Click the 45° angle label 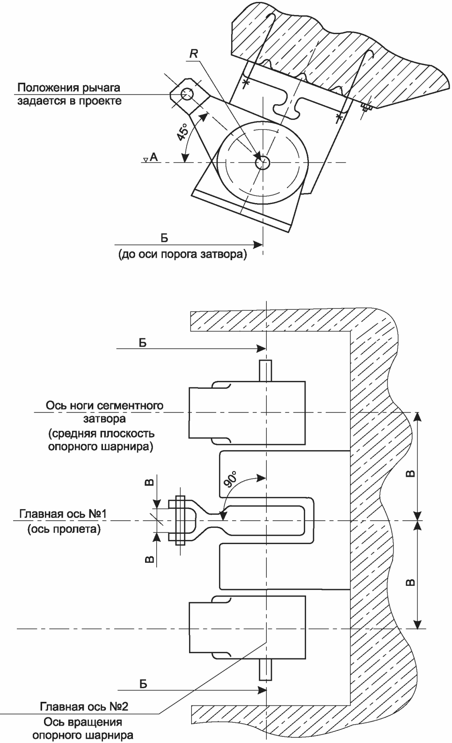[183, 132]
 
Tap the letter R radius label [194, 54]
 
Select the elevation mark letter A [153, 157]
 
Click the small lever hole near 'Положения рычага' [187, 94]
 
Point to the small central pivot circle [263, 163]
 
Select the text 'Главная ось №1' [63, 514]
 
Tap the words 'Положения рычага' [69, 88]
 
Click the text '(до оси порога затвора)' [183, 255]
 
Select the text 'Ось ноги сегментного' [104, 405]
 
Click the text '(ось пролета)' [64, 529]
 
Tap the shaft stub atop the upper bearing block [265, 371]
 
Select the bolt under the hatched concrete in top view [366, 108]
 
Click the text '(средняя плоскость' [102, 433]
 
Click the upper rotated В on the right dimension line [410, 473]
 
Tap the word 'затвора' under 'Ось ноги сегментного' [104, 419]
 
